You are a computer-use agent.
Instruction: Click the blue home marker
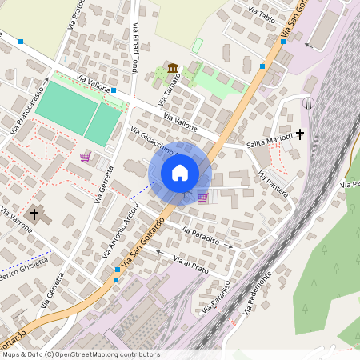click(x=180, y=173)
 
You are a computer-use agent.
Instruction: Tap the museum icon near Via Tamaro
click(x=173, y=68)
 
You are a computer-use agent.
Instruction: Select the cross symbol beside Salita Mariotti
click(x=301, y=134)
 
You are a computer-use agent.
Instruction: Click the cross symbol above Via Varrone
click(x=34, y=214)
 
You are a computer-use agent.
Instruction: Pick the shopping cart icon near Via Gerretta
click(x=85, y=157)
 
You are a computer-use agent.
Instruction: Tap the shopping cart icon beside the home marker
click(x=202, y=197)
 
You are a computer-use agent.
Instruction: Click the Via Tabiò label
click(x=262, y=15)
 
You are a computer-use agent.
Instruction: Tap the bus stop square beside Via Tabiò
click(x=283, y=42)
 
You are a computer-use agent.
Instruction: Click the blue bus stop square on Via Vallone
click(x=114, y=90)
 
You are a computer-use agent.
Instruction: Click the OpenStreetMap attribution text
click(x=80, y=354)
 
